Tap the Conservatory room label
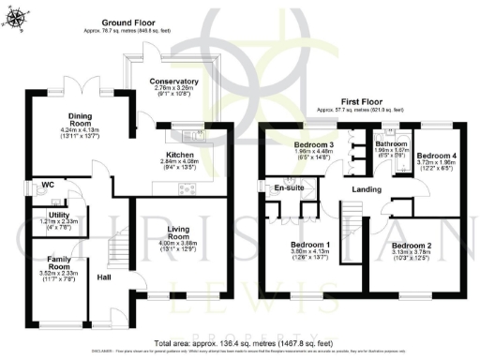pos(173,82)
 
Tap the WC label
pos(48,186)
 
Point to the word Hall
pos(104,278)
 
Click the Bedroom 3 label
pos(308,145)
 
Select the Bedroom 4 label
pos(434,155)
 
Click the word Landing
pos(365,190)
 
